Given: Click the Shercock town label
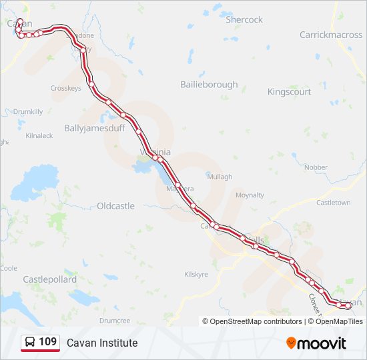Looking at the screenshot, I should click(244, 20).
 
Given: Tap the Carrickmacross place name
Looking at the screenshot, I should click(331, 35).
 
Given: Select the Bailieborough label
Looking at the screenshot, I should click(209, 85).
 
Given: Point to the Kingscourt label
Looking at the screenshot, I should click(289, 92).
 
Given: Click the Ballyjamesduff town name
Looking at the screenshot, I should click(94, 128).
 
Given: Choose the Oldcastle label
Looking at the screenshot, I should click(115, 206).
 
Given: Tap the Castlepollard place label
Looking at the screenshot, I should click(49, 279).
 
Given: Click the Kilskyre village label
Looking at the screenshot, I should click(196, 274).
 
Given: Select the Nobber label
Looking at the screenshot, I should click(315, 167).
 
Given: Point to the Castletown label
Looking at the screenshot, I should click(333, 202).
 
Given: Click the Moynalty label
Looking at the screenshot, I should click(250, 195).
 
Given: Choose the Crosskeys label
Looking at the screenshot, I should click(65, 88).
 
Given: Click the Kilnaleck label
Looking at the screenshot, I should click(39, 135).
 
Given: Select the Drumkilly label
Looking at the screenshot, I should click(28, 112).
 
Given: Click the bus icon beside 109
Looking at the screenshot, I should click(30, 342).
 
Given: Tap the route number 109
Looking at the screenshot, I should click(47, 342).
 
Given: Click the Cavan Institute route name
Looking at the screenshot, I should click(102, 343).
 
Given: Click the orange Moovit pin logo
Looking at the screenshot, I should click(291, 343).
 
